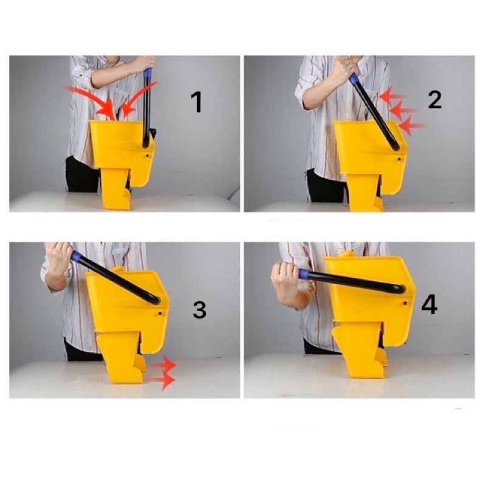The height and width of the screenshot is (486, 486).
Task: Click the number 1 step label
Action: pyautogui.click(x=196, y=103)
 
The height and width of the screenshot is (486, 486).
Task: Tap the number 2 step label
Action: pyautogui.click(x=434, y=100)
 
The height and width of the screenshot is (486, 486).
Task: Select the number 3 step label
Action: pyautogui.click(x=199, y=310)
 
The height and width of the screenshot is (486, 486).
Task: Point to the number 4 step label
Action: pyautogui.click(x=430, y=305)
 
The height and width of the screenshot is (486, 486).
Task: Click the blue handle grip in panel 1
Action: pyautogui.click(x=148, y=73)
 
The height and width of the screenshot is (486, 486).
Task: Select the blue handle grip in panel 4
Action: pyautogui.click(x=304, y=274)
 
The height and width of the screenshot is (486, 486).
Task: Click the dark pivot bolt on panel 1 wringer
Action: pyautogui.click(x=147, y=155)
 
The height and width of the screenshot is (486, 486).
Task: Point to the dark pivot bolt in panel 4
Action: pyautogui.click(x=405, y=302)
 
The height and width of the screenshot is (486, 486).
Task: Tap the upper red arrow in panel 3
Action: pyautogui.click(x=163, y=364)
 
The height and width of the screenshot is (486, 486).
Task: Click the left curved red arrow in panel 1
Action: pyautogui.click(x=90, y=98)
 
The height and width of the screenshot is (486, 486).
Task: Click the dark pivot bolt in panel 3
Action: pyautogui.click(x=160, y=313)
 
